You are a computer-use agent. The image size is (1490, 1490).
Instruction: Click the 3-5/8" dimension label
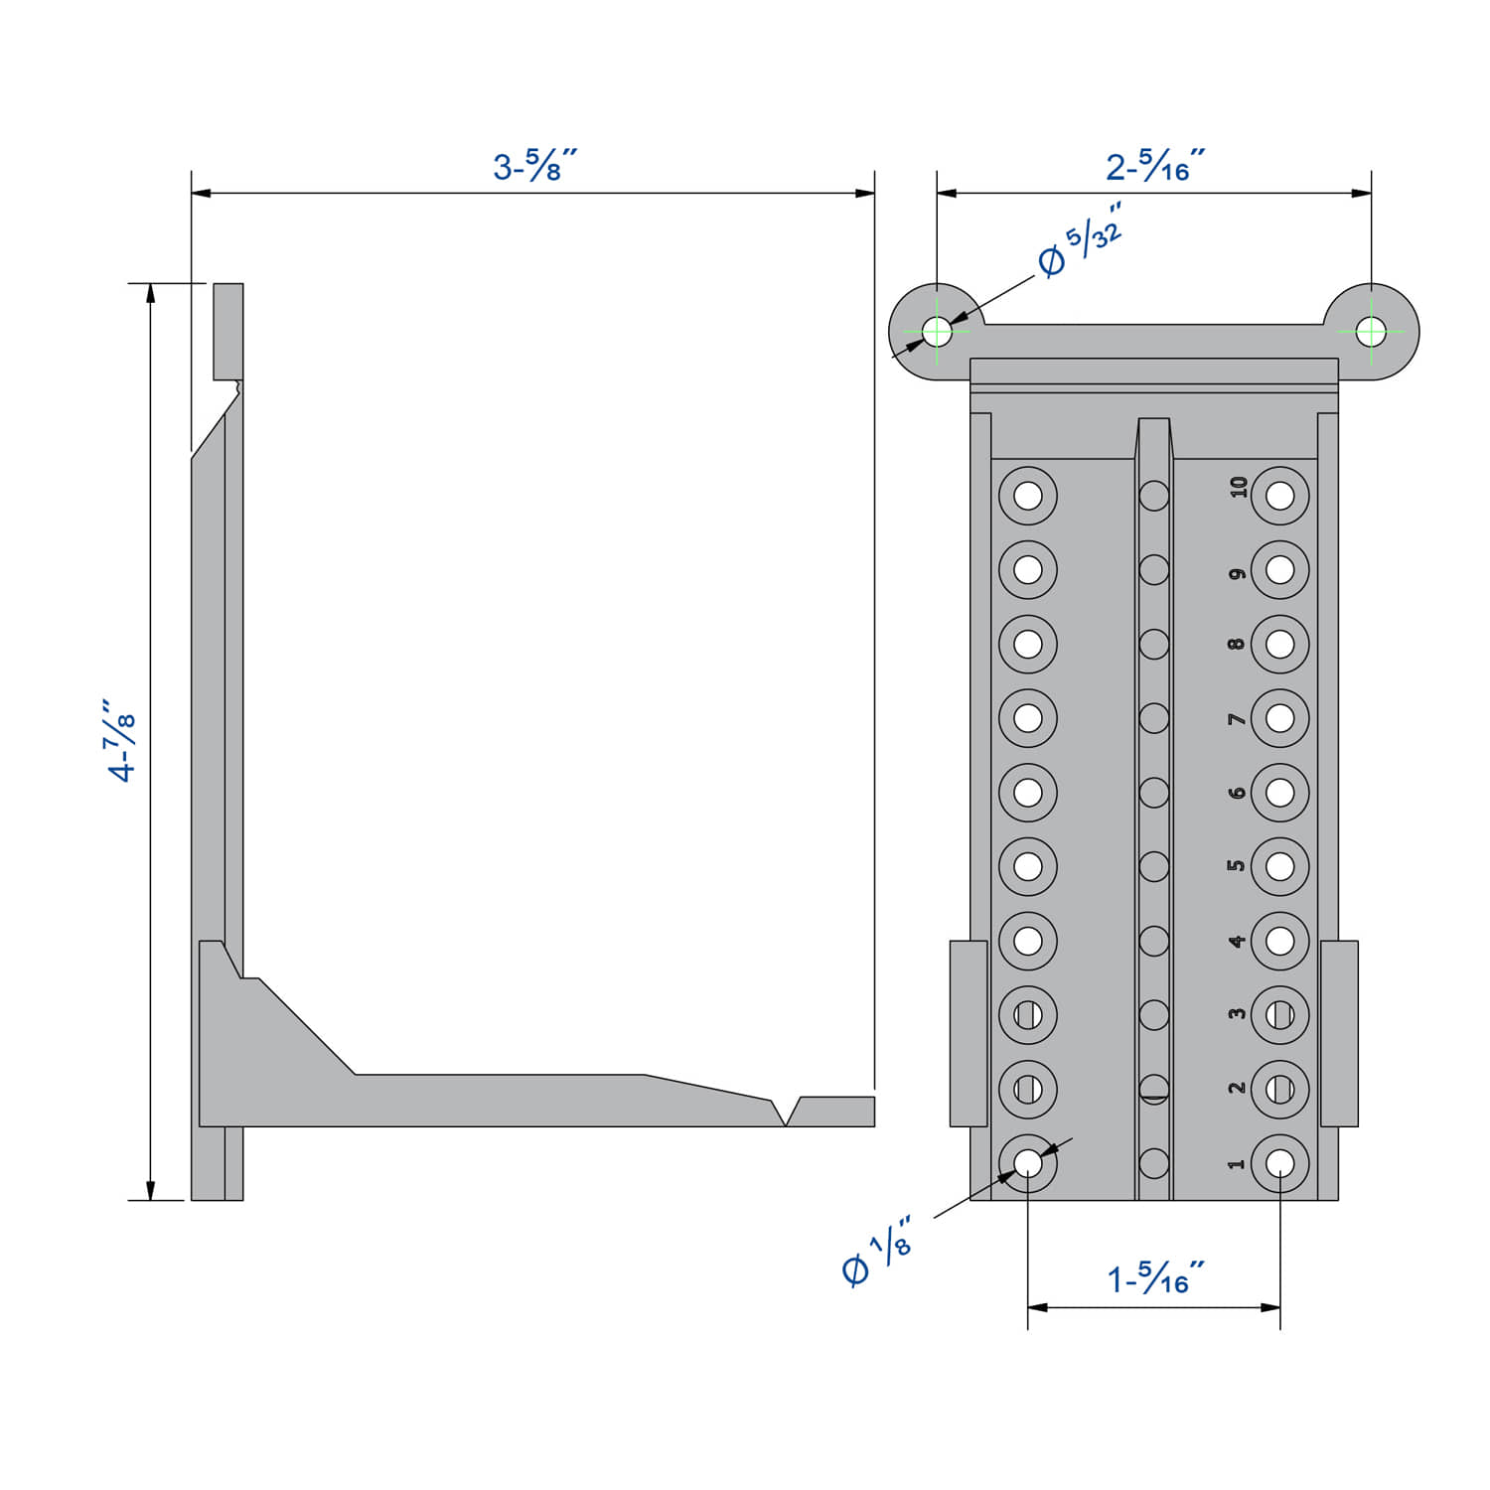click(x=533, y=165)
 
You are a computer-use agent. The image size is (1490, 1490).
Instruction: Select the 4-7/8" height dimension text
click(x=121, y=741)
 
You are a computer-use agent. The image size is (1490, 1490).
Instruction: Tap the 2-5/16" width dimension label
click(x=1154, y=165)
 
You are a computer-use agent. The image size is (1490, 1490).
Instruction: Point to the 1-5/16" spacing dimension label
click(x=1154, y=1278)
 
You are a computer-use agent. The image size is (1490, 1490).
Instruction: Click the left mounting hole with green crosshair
click(x=937, y=331)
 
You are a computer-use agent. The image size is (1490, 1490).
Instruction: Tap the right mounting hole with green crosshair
click(x=1371, y=331)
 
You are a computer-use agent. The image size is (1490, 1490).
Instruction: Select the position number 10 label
click(x=1238, y=487)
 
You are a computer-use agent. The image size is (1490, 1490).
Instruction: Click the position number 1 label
click(x=1237, y=1163)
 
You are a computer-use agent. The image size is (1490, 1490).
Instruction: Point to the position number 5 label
click(x=1237, y=865)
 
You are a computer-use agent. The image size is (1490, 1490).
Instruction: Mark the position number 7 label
click(x=1237, y=718)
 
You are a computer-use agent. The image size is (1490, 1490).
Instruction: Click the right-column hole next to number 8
click(x=1280, y=644)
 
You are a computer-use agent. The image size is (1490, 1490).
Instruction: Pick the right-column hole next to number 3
click(x=1280, y=1014)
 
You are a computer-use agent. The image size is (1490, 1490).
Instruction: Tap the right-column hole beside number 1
click(x=1280, y=1163)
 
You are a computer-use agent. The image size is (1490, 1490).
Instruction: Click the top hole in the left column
click(x=1028, y=495)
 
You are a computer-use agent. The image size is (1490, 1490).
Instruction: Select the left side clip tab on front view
click(x=968, y=1033)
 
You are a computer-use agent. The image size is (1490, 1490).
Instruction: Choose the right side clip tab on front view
click(x=1339, y=1033)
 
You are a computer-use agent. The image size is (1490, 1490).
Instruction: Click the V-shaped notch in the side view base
click(x=786, y=1113)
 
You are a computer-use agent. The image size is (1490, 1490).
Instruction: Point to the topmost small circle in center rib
click(x=1154, y=495)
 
